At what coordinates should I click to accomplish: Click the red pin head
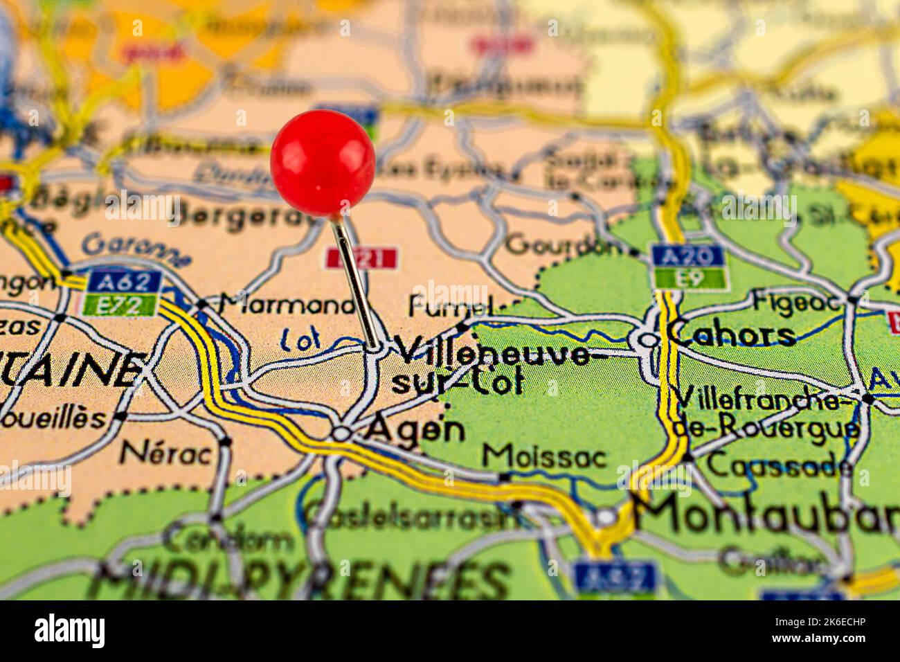point(323,163)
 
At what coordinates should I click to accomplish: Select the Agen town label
point(415,429)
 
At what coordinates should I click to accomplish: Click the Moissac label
point(544,457)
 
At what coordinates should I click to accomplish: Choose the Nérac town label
point(166,454)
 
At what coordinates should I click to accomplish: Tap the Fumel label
point(450,305)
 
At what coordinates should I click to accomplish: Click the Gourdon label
point(564,244)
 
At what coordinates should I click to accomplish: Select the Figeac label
point(797,301)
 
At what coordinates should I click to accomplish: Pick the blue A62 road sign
point(125,282)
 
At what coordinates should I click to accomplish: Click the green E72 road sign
point(118,305)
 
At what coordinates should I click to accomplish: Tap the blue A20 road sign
point(687,256)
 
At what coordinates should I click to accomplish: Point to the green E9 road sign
point(690,278)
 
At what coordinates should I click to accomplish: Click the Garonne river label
point(136,249)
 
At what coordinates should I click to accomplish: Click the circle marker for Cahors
point(648,339)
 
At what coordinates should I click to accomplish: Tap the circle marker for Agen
point(341,433)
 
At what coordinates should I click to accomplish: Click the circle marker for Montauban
point(606,517)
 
